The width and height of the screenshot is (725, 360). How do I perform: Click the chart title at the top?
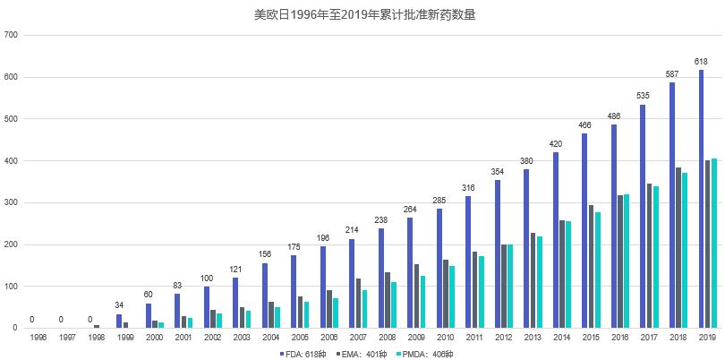[x=363, y=14]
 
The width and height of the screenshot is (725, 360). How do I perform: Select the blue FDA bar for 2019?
[x=701, y=199]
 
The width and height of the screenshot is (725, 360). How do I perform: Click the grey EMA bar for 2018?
[x=678, y=247]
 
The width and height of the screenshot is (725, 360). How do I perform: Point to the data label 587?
[x=672, y=73]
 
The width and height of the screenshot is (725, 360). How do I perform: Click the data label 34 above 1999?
[x=119, y=304]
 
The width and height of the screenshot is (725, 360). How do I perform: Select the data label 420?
[x=556, y=143]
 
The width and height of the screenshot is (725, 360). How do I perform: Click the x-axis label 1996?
[x=38, y=337]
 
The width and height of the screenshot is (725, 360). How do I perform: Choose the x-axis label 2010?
[x=445, y=337]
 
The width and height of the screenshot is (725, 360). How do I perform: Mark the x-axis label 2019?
[x=707, y=337]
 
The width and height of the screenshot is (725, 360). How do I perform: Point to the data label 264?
[x=411, y=209]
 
